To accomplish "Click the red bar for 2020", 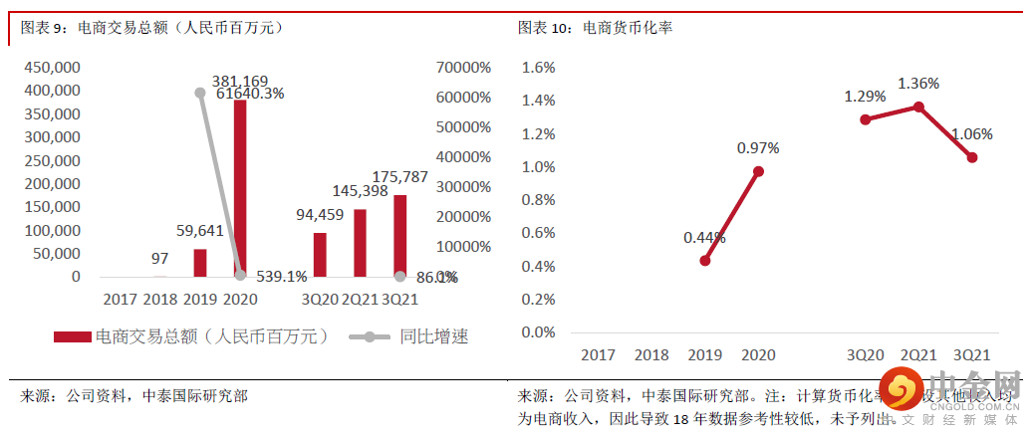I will click(x=240, y=188).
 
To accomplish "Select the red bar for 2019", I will click(x=200, y=263).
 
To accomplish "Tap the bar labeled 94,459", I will click(x=320, y=255).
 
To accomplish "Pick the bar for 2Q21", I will click(x=360, y=243).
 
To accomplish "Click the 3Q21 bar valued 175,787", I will click(x=399, y=236).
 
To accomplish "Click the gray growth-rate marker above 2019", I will click(x=200, y=93).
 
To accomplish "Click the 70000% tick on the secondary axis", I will click(x=463, y=68).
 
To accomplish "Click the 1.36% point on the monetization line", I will click(x=918, y=107).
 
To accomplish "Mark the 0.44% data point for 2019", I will click(x=705, y=261).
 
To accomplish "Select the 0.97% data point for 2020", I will click(x=758, y=171).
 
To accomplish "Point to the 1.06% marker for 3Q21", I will click(x=971, y=157).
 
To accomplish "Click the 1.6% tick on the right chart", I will click(x=538, y=68).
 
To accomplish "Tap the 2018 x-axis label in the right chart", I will click(x=651, y=354).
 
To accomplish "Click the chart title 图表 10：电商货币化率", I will click(x=594, y=28).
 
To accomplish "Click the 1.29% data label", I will click(x=865, y=97).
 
